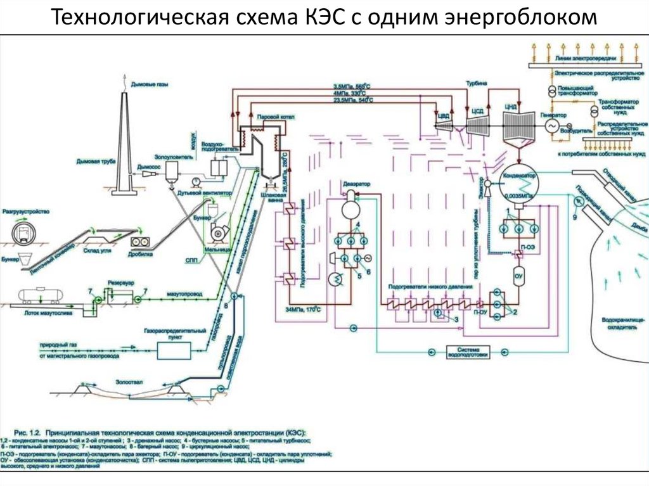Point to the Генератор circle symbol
[x=549, y=126]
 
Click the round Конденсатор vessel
[x=518, y=188]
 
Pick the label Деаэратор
[x=356, y=183]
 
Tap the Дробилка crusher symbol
[x=140, y=242]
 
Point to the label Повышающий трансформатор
[x=578, y=89]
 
